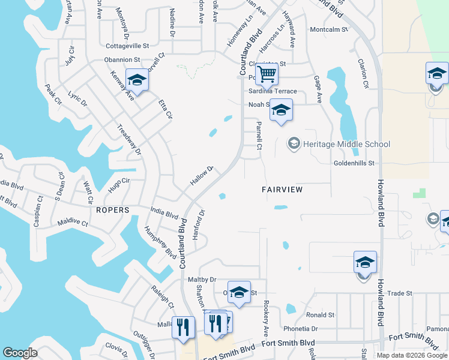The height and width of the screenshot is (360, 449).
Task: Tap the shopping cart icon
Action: [267, 74]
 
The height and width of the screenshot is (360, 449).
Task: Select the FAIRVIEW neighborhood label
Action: [282, 189]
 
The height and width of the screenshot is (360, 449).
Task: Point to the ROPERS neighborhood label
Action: [112, 210]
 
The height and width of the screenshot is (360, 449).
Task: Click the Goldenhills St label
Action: [354, 163]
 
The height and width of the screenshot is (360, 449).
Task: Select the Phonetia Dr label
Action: [301, 329]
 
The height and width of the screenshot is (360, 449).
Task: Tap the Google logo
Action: [20, 353]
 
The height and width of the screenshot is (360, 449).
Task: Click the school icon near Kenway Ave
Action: [137, 80]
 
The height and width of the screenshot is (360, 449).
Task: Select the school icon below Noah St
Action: [281, 110]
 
